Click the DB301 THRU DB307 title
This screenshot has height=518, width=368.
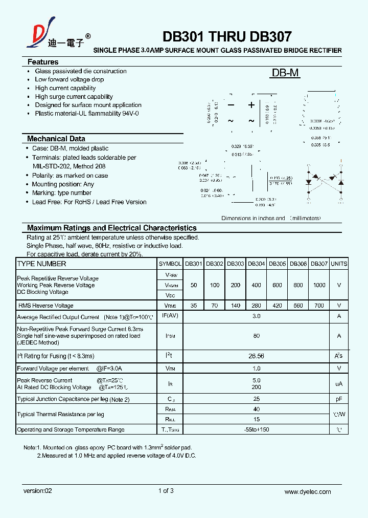click(x=227, y=37)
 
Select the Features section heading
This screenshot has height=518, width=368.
click(x=43, y=62)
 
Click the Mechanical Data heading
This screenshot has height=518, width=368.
click(x=56, y=139)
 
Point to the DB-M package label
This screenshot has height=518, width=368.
click(x=285, y=73)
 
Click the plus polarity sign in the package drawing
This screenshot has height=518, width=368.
click(x=251, y=105)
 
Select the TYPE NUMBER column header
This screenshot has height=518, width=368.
click(x=41, y=264)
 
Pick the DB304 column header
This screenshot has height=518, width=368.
click(x=256, y=264)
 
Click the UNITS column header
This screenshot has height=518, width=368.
click(x=339, y=264)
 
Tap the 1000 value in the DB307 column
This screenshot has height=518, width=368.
click(x=319, y=285)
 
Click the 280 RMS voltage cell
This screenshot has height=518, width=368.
click(x=256, y=306)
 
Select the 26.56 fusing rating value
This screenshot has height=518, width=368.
click(x=256, y=356)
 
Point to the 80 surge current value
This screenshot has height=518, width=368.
click(x=256, y=336)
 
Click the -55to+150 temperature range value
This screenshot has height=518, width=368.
click(x=256, y=429)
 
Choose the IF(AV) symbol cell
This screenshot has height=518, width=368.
click(x=170, y=316)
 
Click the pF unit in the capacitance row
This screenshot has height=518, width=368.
click(x=339, y=399)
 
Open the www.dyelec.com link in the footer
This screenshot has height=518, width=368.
click(x=307, y=491)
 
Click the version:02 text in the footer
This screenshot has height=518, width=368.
click(x=37, y=491)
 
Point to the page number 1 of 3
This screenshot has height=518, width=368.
click(x=166, y=491)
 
